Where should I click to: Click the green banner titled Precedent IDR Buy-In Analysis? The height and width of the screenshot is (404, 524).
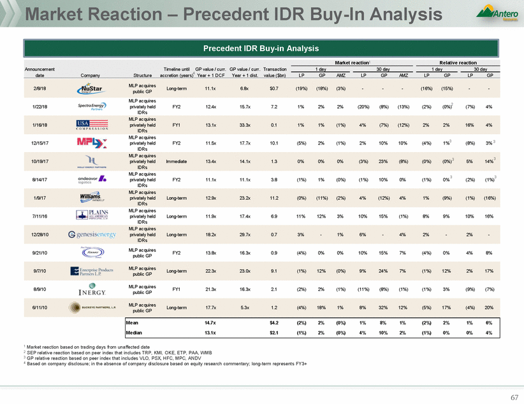tap(262, 48)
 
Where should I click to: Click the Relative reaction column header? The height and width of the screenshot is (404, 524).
tap(462, 63)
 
